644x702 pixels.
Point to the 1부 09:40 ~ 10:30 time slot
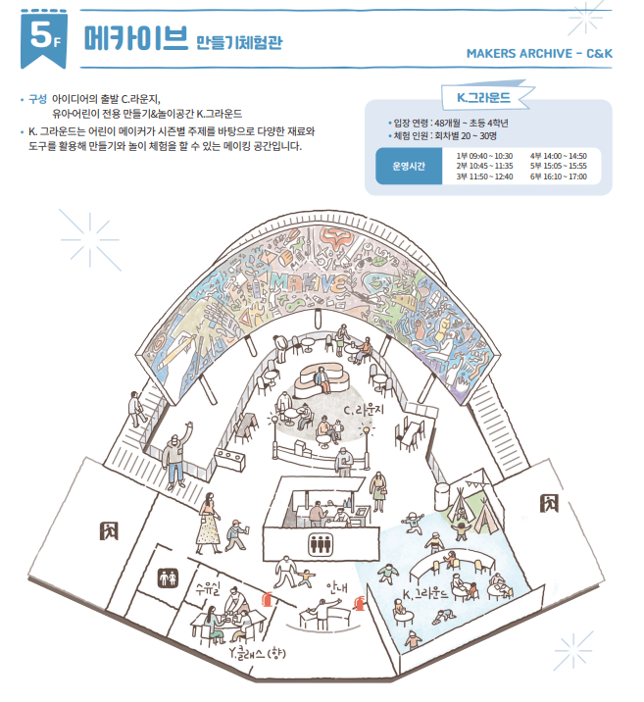click(484, 156)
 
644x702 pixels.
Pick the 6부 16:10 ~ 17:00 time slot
click(558, 177)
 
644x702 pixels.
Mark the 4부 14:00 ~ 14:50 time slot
click(558, 156)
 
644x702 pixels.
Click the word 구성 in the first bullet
click(38, 100)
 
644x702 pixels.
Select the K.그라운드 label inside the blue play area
click(426, 594)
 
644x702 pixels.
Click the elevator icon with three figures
click(322, 543)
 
